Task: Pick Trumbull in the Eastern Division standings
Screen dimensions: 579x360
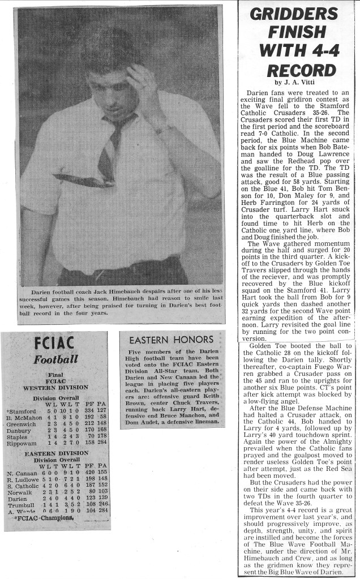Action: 19,505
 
